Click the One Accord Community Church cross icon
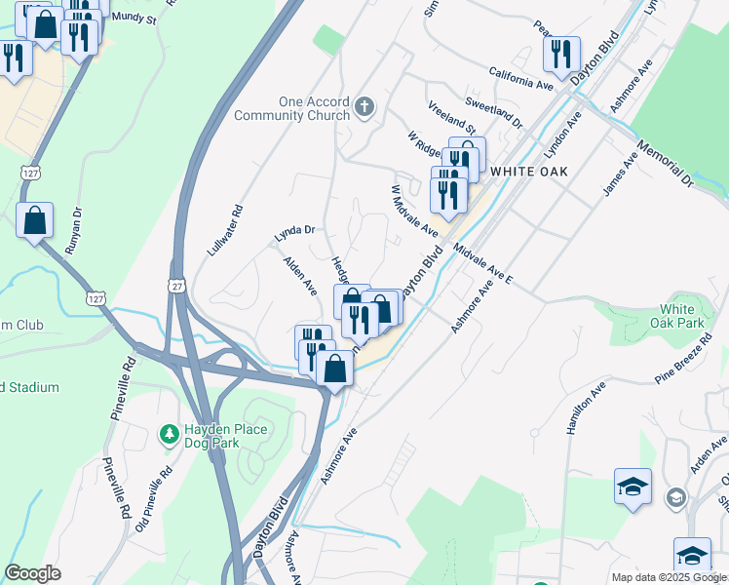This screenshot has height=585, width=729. click(x=364, y=106)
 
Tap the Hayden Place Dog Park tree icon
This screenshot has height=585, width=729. click(x=170, y=432)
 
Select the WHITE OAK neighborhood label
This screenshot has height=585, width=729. click(x=528, y=171)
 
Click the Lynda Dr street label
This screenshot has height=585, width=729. click(x=294, y=232)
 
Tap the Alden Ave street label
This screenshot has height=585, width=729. click(x=299, y=276)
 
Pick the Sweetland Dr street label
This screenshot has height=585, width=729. click(x=493, y=112)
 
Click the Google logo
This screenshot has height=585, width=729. click(x=32, y=573)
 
